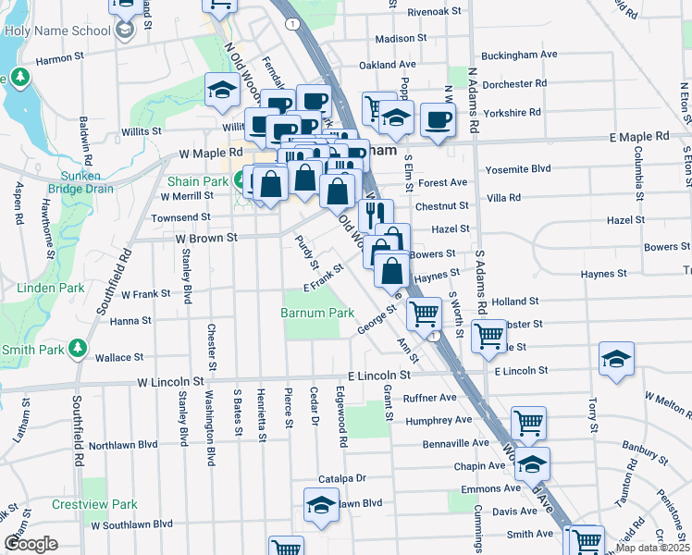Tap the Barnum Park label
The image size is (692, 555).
317,314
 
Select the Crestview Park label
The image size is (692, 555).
95,504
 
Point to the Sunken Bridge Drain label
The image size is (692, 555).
74,182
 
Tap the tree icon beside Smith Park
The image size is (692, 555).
80,350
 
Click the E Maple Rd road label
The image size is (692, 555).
638,136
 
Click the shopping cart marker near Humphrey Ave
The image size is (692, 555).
528,424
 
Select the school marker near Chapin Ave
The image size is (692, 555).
532,463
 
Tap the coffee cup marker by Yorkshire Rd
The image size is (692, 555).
438,119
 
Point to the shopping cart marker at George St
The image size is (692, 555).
424,314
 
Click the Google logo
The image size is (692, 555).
31,544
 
